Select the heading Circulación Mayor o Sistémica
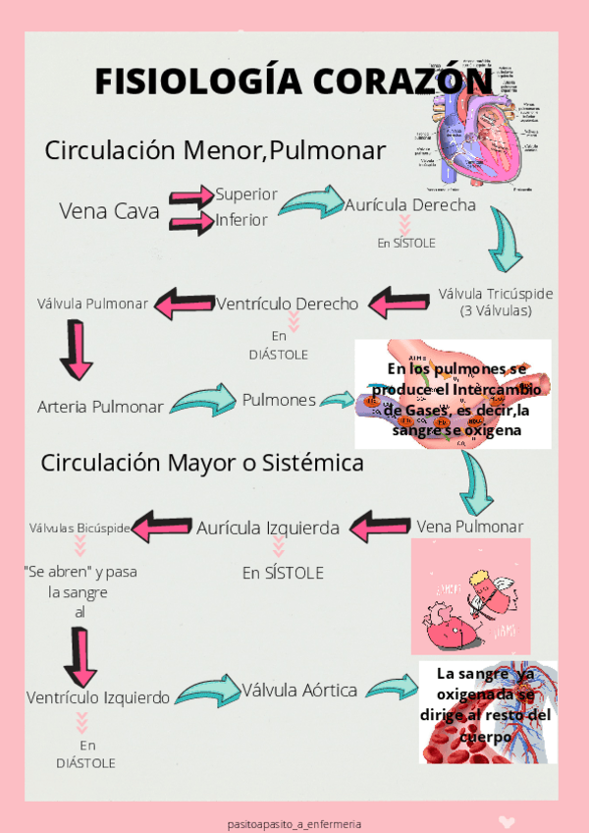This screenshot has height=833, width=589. pos(202,463)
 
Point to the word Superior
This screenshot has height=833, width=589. pos(246,194)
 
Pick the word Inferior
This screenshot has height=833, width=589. pos(241,220)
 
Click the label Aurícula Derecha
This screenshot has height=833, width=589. pos(410,205)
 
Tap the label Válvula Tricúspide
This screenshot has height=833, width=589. pos(495,294)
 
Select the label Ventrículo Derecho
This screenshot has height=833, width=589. pos(288,304)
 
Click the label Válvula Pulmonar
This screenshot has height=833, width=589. pos(92,304)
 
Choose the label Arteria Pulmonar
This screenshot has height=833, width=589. pos(100,406)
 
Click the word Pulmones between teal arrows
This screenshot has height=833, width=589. pos(279,400)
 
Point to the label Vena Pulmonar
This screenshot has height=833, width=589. pos(469,527)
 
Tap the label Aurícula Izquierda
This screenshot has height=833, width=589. pos(268,528)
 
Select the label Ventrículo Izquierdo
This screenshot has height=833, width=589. pos(98,696)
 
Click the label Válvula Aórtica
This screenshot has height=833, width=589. pos(299,690)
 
